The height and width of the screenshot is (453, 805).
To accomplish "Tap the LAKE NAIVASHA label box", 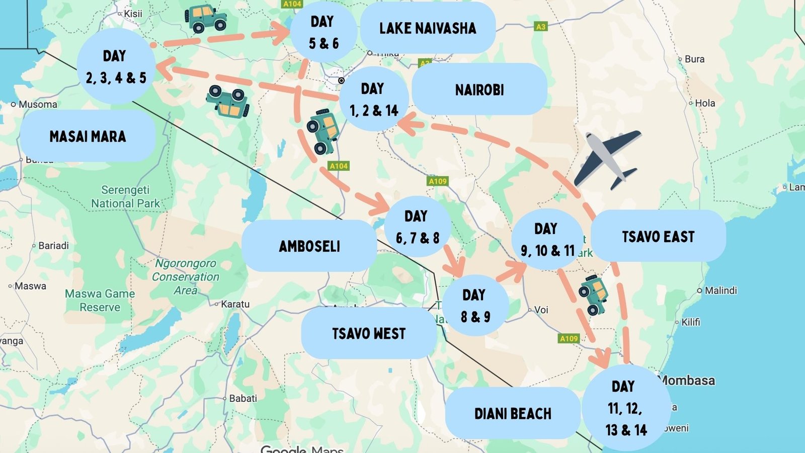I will [x=428, y=28].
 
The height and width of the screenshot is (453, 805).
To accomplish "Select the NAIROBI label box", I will [x=479, y=90].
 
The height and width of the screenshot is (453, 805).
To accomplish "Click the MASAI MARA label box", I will [x=88, y=136].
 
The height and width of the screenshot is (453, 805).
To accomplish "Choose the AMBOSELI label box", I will [x=309, y=246].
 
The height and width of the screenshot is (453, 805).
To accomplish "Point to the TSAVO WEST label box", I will [x=369, y=333].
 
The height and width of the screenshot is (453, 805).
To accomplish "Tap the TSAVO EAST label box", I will [x=658, y=236].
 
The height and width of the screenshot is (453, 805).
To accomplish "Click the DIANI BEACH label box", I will [x=512, y=413].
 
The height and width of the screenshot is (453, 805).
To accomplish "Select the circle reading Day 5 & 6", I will [x=324, y=32].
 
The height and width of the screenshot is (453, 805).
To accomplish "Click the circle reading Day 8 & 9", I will [x=475, y=306].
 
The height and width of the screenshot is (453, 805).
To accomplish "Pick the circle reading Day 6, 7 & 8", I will [x=417, y=227].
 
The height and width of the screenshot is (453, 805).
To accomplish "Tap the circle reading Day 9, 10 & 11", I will [x=547, y=240].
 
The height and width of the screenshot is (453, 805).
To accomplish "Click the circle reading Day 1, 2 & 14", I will [x=373, y=99].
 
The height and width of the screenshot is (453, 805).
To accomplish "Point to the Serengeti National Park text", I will [x=125, y=197].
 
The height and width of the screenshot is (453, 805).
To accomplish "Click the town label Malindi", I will [x=720, y=290].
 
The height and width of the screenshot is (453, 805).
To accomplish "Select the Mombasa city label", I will [x=687, y=381].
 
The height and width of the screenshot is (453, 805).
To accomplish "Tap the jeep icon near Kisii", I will [x=205, y=19].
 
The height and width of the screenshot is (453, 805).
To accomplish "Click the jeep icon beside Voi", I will [x=593, y=294].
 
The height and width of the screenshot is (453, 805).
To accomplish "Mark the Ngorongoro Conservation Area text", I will [x=186, y=277].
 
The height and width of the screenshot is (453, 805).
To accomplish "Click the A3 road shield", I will [x=540, y=27].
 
